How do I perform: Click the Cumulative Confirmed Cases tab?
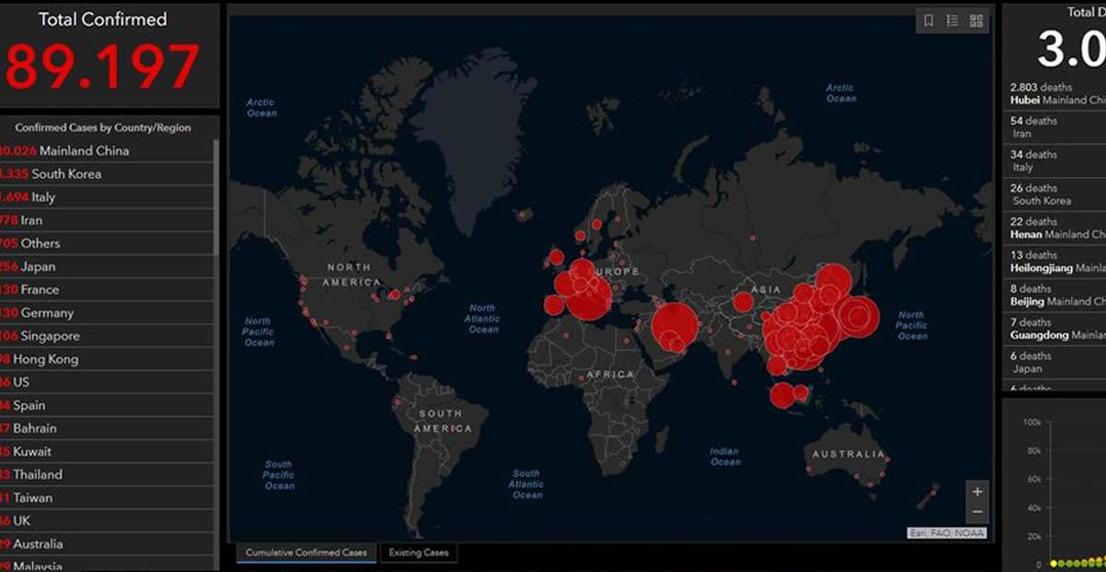[305, 553]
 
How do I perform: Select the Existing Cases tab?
[418, 553]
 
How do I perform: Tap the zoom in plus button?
[977, 492]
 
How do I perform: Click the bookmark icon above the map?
[929, 21]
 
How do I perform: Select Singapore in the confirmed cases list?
[50, 336]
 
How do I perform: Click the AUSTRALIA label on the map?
[848, 454]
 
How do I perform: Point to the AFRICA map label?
[609, 375]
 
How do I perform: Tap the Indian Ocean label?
[725, 457]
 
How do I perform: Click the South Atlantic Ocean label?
[527, 484]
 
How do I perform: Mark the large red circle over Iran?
[676, 328]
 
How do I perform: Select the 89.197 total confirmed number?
[102, 66]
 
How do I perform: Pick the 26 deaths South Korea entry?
[1041, 194]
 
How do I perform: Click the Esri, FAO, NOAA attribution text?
[947, 532]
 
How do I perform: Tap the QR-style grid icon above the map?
[976, 21]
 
